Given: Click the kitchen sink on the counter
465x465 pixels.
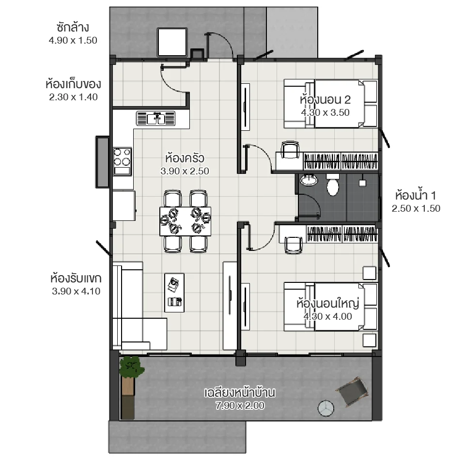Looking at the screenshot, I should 155,118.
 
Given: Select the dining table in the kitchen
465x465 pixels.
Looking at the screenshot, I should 186,221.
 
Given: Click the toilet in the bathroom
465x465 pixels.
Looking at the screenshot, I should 333,186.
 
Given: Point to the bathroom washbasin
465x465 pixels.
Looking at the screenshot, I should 309,181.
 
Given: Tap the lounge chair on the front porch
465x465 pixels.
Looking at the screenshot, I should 352,391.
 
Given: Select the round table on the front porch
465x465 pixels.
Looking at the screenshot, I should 326,408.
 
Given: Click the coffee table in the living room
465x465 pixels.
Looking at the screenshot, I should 174,292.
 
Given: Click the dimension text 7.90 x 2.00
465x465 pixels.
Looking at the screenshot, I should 240,406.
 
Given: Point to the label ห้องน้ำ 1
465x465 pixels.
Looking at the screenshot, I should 416,196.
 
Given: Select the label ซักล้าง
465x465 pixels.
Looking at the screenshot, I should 73,27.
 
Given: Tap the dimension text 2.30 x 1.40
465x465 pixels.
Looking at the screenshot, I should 74,97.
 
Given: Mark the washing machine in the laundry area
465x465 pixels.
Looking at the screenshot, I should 171,42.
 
